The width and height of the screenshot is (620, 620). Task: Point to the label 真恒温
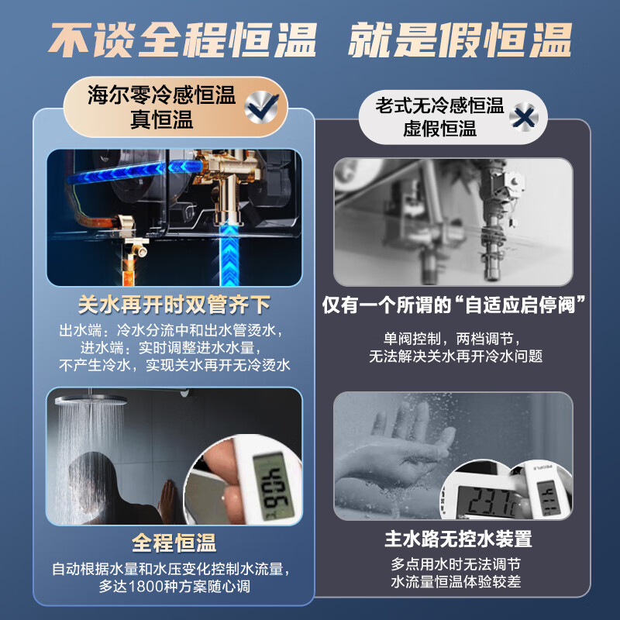[162, 122]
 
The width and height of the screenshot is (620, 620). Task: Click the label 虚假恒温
[439, 129]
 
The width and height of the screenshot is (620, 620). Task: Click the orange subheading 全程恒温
[174, 540]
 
